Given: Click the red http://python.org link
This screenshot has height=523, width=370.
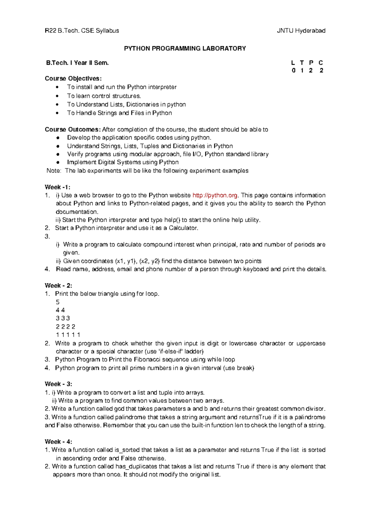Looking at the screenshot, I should click(215, 195).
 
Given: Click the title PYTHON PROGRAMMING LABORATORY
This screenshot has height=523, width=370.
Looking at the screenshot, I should click(185, 48).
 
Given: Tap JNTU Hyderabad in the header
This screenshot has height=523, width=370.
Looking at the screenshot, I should click(301, 30).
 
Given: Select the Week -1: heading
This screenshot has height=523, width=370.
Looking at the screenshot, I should click(58, 187).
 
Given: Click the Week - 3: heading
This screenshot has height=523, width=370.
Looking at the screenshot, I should click(58, 384).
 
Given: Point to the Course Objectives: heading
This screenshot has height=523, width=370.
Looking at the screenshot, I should click(73, 78).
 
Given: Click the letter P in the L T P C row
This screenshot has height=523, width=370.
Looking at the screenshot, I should click(311, 63).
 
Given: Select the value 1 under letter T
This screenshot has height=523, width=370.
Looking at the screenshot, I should click(302, 70).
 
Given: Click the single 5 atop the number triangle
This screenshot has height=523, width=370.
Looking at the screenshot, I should click(58, 302).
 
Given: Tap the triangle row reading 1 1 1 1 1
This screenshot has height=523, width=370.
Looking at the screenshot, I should click(68, 334).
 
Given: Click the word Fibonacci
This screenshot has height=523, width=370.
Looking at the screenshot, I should click(148, 359).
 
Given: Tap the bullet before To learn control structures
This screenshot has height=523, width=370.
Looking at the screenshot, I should click(57, 96).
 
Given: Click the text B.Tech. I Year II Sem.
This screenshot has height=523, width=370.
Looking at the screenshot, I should click(77, 63).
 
